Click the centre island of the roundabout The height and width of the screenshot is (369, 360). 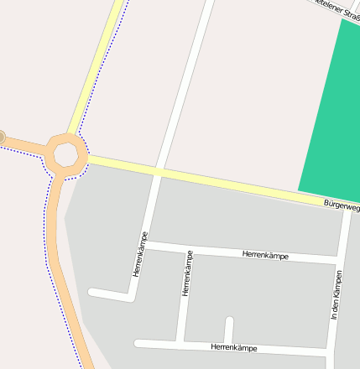(65, 154)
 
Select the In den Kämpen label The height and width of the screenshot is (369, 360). (337, 294)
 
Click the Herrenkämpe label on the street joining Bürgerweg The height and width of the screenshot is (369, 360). (139, 254)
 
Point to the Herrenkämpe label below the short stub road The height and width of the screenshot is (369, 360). (234, 347)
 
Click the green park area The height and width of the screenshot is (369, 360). (331, 109)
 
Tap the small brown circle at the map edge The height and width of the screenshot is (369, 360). (2, 136)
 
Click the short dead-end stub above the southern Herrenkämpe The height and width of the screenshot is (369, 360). (228, 329)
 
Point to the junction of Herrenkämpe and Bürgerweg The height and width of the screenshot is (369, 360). (157, 173)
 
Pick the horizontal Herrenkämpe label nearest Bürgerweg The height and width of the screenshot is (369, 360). (265, 254)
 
